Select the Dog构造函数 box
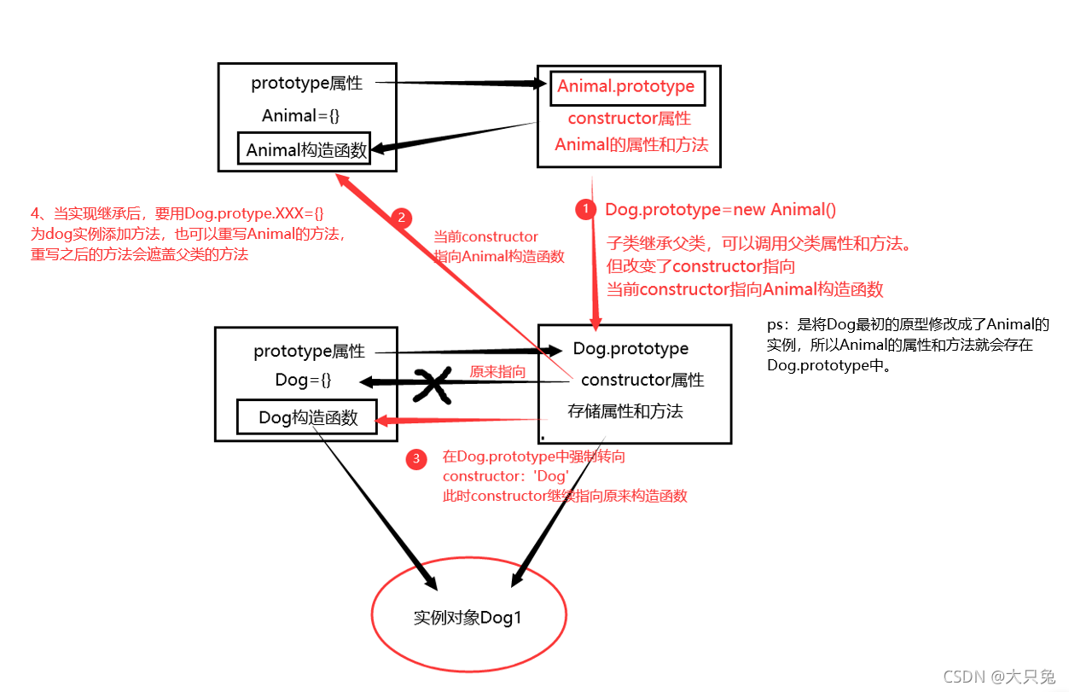pos(307,418)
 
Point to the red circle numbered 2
pos(401,218)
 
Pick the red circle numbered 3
pos(416,460)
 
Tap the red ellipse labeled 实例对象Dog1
pos(468,617)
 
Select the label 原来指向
pos(497,372)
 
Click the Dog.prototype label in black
pos(630,348)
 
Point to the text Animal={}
pos(300,116)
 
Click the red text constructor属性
pos(629,119)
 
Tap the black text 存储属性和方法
pos(625,411)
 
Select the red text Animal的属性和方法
pos(631,145)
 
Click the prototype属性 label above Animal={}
pos(306,84)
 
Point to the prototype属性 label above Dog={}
pos(309,352)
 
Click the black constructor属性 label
pos(642,380)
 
